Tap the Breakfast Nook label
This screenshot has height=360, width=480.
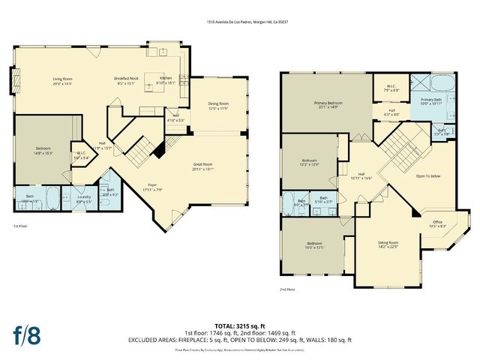[128, 79]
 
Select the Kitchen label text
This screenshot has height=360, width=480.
[166, 78]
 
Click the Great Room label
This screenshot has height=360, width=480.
[203, 164]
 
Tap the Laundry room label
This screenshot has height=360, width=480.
[84, 199]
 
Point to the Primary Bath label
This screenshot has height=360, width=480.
[430, 100]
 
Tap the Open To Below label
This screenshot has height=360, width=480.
[428, 176]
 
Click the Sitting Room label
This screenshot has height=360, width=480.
[388, 244]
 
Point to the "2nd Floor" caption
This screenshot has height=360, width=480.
[288, 289]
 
